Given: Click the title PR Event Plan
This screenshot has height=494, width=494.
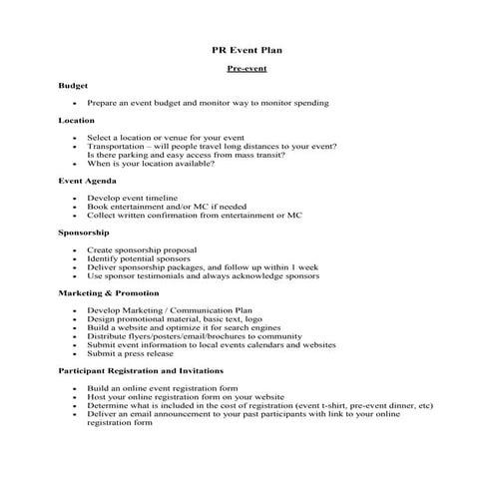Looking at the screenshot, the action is pyautogui.click(x=247, y=48).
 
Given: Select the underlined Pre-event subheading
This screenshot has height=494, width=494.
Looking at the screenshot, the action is pyautogui.click(x=247, y=68).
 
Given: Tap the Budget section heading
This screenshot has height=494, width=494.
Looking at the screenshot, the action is pyautogui.click(x=73, y=86).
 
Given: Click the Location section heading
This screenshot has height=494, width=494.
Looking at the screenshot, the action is pyautogui.click(x=77, y=120).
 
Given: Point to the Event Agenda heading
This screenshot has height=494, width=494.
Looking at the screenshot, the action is pyautogui.click(x=87, y=181).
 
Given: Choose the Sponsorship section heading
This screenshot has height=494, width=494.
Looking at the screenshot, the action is pyautogui.click(x=84, y=232).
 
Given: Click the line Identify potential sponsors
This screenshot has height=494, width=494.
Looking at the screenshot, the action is pyautogui.click(x=137, y=258).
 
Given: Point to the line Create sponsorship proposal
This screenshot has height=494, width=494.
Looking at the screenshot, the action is pyautogui.click(x=141, y=249).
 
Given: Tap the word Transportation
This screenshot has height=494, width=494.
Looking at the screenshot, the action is pyautogui.click(x=118, y=146).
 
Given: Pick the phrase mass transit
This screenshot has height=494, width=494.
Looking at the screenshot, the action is pyautogui.click(x=258, y=155).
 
